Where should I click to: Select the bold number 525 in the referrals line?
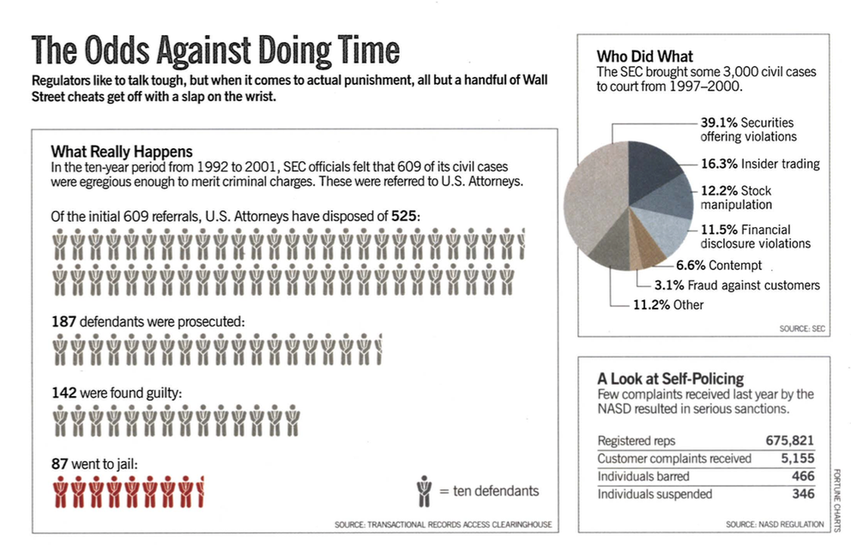click(x=406, y=217)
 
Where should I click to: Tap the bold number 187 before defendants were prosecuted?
click(x=64, y=322)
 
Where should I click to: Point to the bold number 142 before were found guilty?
click(x=64, y=393)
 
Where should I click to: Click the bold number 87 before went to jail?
click(x=60, y=464)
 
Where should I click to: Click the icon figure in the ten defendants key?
click(x=423, y=491)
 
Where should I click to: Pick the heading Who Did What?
click(x=645, y=57)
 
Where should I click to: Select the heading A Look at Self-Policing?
click(x=670, y=378)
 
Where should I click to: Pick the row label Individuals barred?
click(x=643, y=476)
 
